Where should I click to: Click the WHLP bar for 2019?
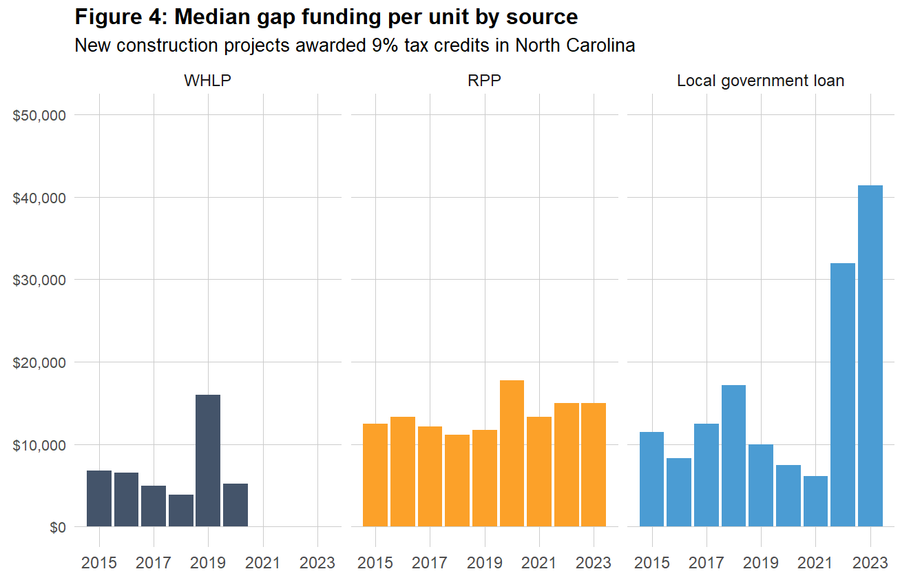coord(208,460)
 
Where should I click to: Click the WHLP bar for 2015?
coord(99,499)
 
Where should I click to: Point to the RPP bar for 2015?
coord(375,475)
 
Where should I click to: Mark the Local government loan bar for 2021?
coord(815,502)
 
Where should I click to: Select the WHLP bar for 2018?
coord(181,510)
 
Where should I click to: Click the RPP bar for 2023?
coord(594,465)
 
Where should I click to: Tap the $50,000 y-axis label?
coord(39,115)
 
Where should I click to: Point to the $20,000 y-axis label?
coord(39,362)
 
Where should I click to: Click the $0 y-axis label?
coord(57,528)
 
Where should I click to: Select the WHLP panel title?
coord(207,81)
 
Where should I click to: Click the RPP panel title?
coord(484,81)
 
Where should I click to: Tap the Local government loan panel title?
coord(760,81)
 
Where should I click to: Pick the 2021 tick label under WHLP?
coord(262,562)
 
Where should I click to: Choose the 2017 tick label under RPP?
coord(430,562)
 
